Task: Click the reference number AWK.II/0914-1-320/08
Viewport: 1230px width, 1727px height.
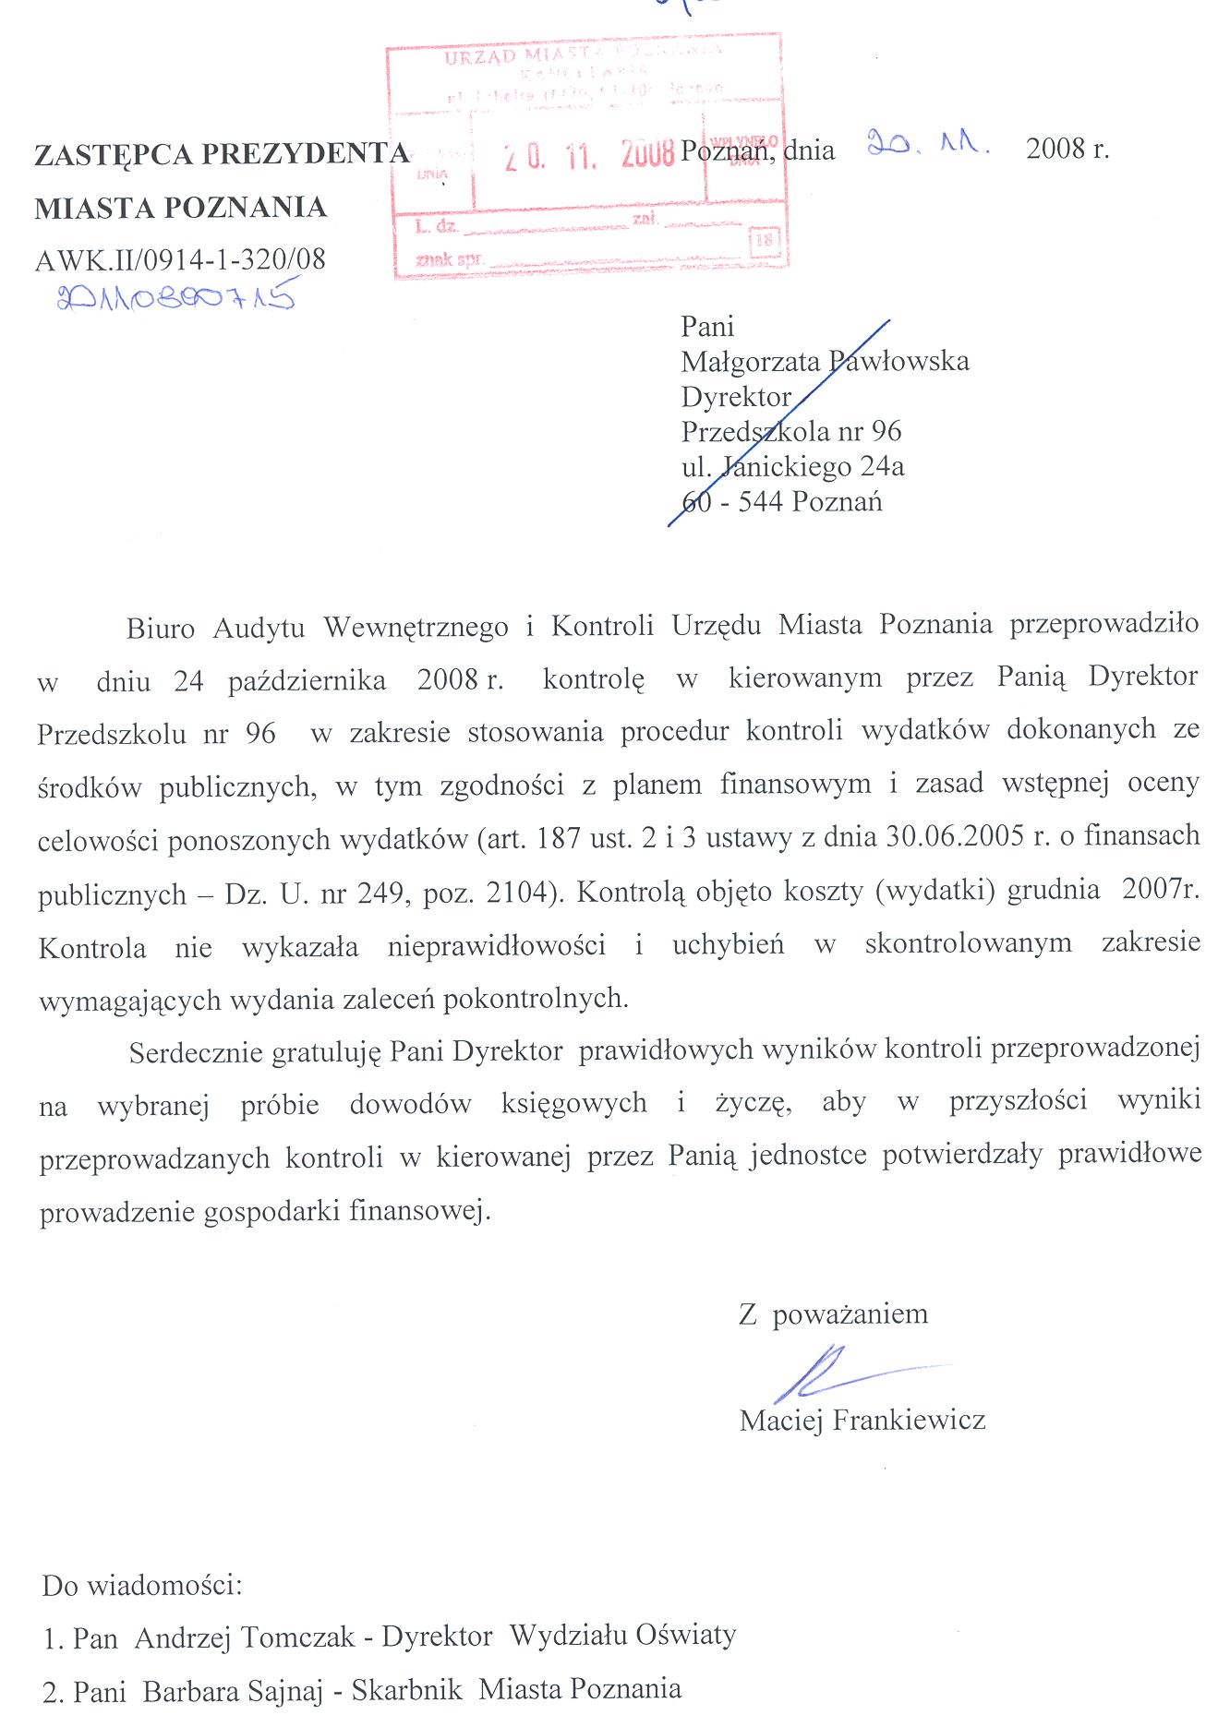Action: coord(180,259)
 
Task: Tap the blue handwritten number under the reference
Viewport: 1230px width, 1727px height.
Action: coord(175,297)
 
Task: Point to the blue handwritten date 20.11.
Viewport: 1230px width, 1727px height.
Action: coord(927,145)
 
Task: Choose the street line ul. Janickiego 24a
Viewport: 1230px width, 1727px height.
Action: coord(792,466)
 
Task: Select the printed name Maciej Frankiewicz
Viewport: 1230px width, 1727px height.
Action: coord(862,1419)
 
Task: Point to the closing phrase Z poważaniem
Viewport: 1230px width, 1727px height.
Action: coord(833,1313)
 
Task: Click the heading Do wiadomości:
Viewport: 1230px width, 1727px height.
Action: coord(142,1586)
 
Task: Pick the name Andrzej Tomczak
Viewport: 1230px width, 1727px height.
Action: coord(245,1637)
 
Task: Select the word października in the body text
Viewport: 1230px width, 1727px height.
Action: coord(307,681)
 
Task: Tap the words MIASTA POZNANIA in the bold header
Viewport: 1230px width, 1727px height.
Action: coord(181,208)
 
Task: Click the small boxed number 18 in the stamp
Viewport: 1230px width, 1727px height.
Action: coord(765,241)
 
